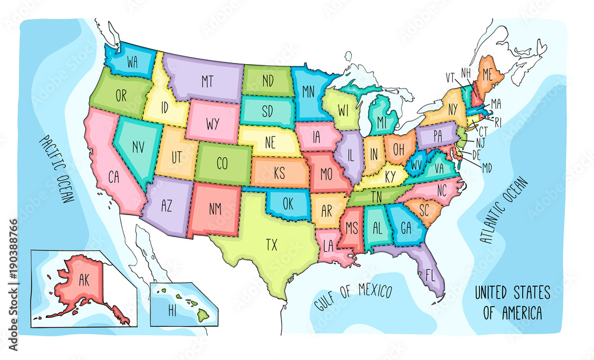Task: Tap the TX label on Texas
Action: click(271, 244)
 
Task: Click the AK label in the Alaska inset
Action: click(83, 282)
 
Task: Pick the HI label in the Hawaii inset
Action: click(173, 310)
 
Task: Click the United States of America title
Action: click(512, 302)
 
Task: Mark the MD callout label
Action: click(486, 168)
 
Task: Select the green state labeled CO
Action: click(222, 163)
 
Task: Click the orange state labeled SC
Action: click(425, 210)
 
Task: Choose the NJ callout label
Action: click(480, 143)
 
